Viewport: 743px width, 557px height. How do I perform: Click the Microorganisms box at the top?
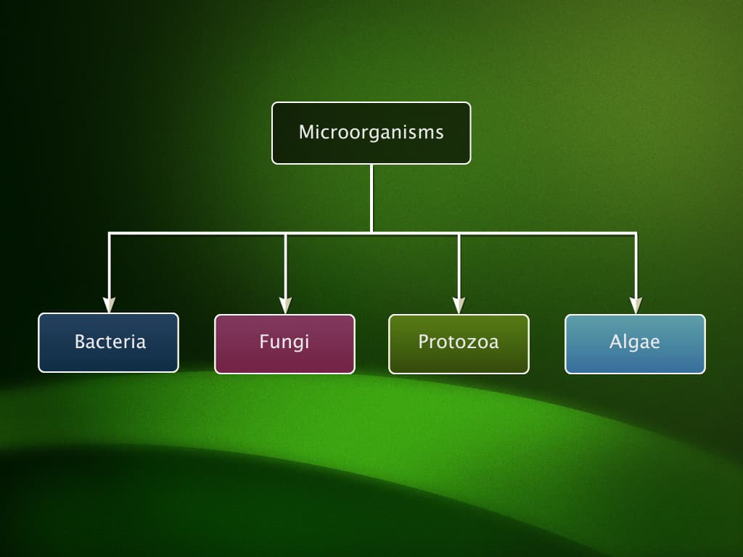[371, 133]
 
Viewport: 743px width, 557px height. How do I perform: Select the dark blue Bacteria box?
[108, 342]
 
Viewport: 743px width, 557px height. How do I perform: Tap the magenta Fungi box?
[284, 343]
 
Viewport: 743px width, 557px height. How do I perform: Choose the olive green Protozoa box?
[459, 343]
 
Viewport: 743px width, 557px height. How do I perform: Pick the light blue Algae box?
[635, 343]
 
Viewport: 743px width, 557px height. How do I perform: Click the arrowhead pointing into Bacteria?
[110, 305]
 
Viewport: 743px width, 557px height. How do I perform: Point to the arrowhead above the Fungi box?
[285, 305]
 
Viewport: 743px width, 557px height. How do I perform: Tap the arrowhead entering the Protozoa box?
[459, 305]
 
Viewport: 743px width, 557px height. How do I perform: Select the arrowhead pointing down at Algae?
[636, 305]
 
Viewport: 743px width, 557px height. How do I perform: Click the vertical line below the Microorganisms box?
[371, 197]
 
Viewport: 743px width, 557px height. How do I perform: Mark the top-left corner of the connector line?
[110, 234]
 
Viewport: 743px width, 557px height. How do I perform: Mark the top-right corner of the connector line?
[636, 234]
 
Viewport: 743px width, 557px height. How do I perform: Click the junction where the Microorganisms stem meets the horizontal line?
[371, 233]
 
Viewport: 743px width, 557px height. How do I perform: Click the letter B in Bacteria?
[80, 342]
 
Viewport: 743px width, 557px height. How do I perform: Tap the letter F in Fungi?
[263, 342]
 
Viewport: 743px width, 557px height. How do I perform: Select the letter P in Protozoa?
[423, 342]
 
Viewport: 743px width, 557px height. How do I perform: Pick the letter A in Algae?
[615, 342]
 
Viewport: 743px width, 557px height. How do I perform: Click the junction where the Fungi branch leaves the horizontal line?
[285, 234]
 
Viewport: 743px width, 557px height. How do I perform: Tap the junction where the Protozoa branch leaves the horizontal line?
[459, 234]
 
